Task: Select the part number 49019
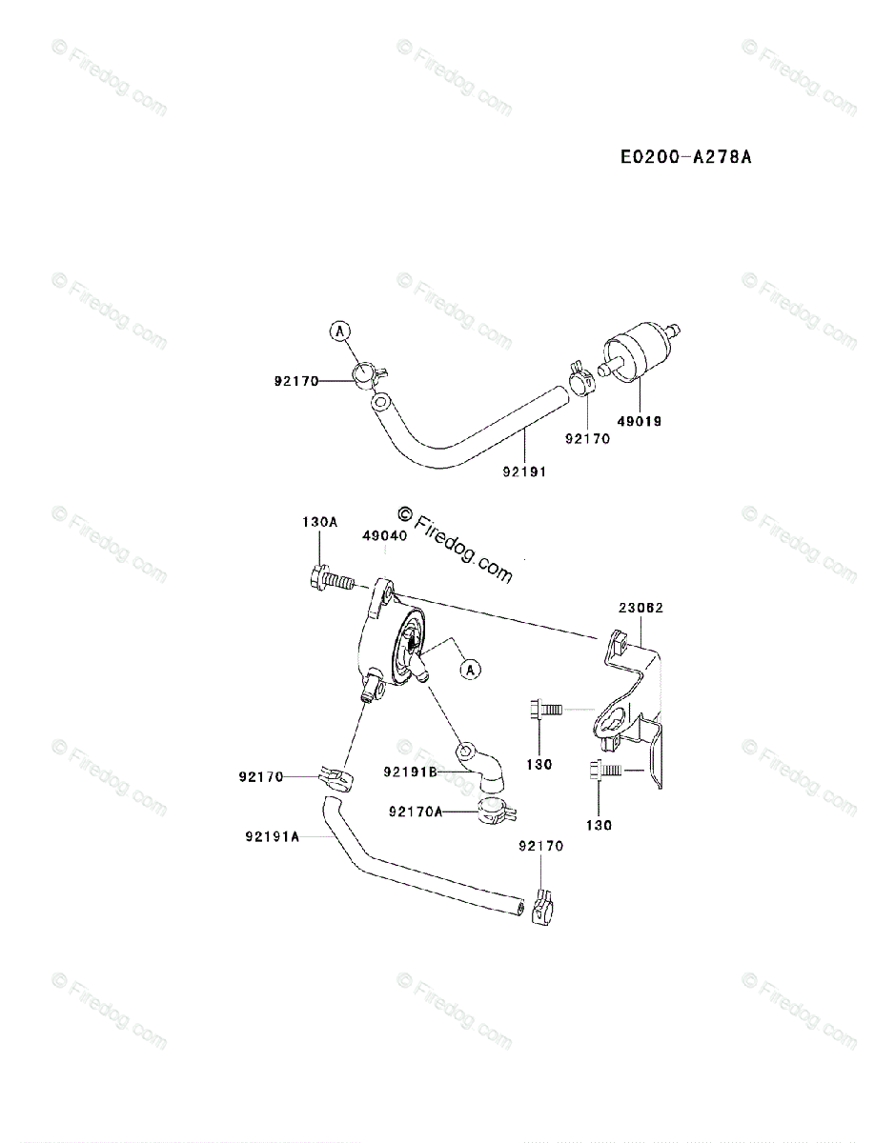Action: (x=640, y=420)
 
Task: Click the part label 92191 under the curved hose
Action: (x=525, y=470)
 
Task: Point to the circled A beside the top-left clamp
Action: (x=340, y=331)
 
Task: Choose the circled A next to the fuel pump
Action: (x=469, y=670)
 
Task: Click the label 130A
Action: (x=319, y=522)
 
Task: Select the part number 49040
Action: (x=385, y=536)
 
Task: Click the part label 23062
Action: (x=640, y=607)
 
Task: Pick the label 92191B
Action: (x=411, y=772)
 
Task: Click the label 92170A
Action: (x=417, y=812)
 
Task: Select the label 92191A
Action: (x=272, y=837)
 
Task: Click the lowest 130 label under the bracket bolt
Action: (x=600, y=825)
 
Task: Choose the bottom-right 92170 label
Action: (x=540, y=846)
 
